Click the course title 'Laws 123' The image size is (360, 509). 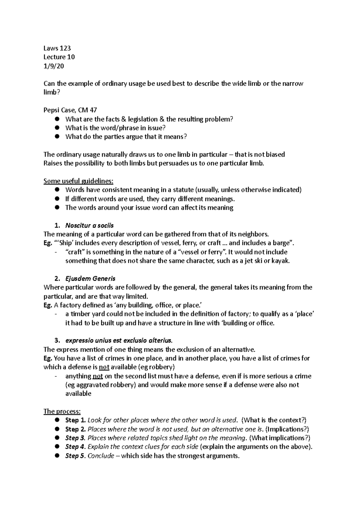point(57,48)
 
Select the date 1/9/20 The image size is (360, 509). point(54,66)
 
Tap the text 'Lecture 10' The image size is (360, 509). point(59,57)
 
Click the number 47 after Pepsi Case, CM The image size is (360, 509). point(93,110)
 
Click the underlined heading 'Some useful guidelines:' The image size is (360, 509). point(79,181)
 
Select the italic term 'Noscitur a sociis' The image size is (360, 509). point(89,225)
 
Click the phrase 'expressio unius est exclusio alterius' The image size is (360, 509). point(119,341)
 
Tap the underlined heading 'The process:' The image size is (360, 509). point(62,411)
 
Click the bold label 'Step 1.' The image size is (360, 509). point(76,420)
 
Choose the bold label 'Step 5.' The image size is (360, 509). point(76,456)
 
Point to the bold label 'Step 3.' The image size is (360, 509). point(76,438)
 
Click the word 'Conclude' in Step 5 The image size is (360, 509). point(101,456)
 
